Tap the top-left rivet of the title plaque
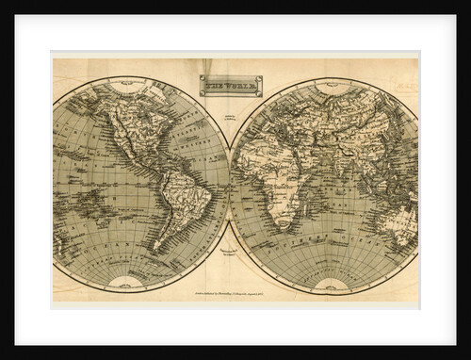[201, 77]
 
